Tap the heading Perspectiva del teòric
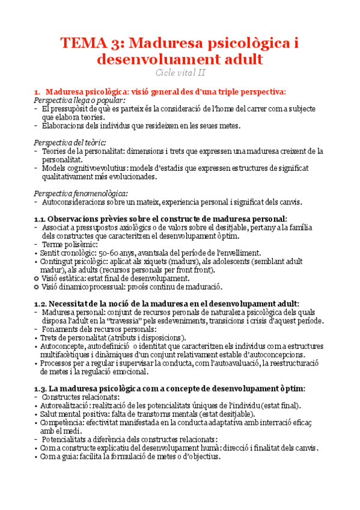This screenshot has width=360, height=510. click(x=70, y=143)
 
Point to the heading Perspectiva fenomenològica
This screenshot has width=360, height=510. click(x=81, y=193)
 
